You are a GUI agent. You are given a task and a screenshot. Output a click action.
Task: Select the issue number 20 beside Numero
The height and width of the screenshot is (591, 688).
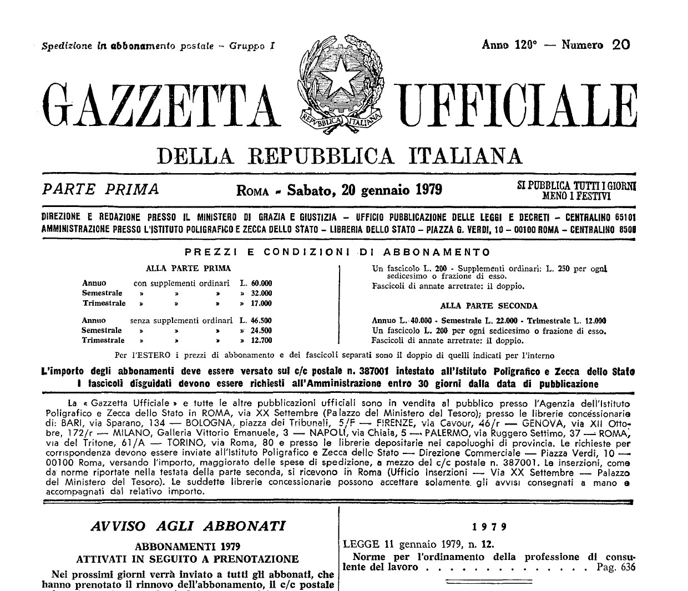pyautogui.click(x=621, y=45)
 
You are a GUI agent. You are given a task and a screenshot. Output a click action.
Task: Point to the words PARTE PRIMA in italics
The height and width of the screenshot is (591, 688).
pyautogui.click(x=100, y=190)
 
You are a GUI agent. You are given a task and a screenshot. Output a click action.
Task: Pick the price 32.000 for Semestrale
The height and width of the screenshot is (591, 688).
pyautogui.click(x=261, y=293)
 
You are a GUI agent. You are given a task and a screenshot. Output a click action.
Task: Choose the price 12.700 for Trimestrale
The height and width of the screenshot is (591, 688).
pyautogui.click(x=261, y=340)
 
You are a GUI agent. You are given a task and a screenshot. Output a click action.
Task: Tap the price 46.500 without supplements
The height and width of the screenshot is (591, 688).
pyautogui.click(x=261, y=320)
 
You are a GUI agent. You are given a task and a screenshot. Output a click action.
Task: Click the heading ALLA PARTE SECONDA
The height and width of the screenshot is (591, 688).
pyautogui.click(x=488, y=306)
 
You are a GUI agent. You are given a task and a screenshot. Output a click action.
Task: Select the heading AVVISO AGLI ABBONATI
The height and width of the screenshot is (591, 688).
pyautogui.click(x=188, y=526)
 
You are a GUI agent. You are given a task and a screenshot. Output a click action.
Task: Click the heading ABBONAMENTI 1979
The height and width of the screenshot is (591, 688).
pyautogui.click(x=188, y=545)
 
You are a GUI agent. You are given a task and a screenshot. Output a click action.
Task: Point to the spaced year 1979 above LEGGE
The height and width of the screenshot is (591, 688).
pyautogui.click(x=488, y=526)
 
